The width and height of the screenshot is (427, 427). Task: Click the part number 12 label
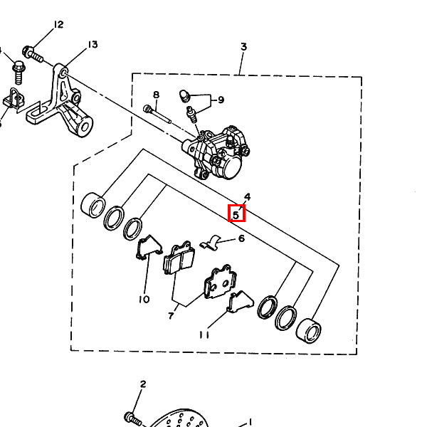point(58,24)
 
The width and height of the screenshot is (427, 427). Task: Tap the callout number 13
point(93,44)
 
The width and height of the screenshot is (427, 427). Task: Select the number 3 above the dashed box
point(243,47)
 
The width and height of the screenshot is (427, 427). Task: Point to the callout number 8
point(156,95)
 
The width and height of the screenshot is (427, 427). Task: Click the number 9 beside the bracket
point(221,100)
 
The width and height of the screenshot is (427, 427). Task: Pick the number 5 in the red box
point(236,215)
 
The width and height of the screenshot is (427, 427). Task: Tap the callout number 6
point(241,238)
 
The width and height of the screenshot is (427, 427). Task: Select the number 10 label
point(144,300)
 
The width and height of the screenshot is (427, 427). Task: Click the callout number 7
point(171,316)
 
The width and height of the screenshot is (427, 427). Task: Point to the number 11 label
point(204,334)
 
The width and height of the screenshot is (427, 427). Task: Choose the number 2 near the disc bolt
point(143,384)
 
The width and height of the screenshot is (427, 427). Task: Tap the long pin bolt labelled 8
point(157,115)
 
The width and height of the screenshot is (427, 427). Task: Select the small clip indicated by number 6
point(210,243)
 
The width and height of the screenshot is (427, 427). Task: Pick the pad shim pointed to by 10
point(149,247)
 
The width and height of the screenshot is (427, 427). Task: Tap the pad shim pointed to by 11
point(241,302)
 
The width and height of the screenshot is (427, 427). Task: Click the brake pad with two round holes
point(221,282)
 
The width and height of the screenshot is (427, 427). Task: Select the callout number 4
point(247,196)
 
